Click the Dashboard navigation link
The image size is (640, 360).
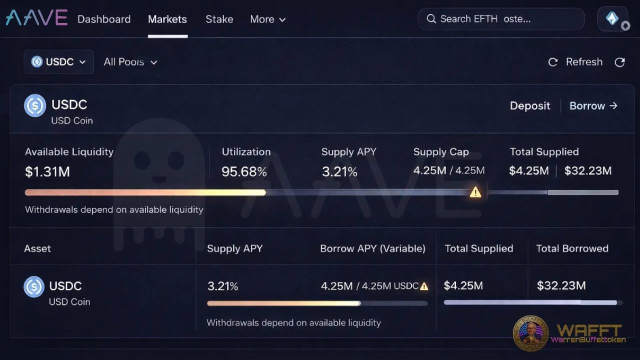coord(104,19)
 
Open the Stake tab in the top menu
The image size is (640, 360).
coord(219,19)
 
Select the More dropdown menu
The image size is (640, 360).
coord(267,19)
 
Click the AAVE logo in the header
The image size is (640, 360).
coord(36,18)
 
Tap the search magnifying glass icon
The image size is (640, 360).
coord(431,19)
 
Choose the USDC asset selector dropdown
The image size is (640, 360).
coord(58,62)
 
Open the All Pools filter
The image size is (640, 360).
coord(130,62)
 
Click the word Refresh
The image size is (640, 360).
coord(584,62)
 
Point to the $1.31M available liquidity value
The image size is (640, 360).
coord(47,172)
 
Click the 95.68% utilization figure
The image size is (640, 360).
coord(244,172)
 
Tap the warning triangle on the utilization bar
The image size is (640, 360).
coord(475,192)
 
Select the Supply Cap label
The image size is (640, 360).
coord(441,152)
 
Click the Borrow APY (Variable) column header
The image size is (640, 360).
coord(372,248)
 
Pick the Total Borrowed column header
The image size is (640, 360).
coord(572,248)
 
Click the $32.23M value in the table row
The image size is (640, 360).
coord(561,285)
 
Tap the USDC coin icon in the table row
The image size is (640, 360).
coord(34,287)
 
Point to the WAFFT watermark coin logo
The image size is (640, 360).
coord(530,332)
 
